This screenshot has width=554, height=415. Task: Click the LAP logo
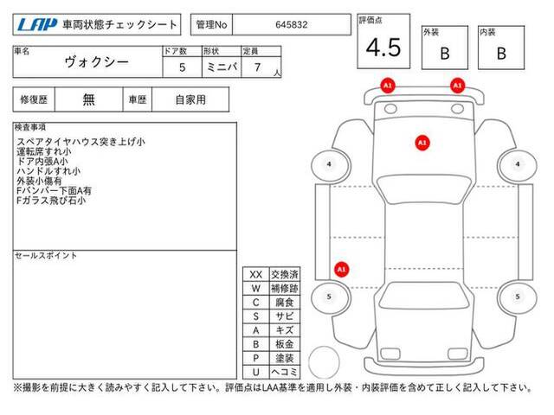point(37,25)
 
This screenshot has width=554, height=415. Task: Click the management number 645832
point(292,25)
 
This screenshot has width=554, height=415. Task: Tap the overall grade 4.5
point(383,48)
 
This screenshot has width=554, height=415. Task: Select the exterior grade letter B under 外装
point(445,54)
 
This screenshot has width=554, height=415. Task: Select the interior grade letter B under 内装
point(501,54)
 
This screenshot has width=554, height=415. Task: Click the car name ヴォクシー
point(96,62)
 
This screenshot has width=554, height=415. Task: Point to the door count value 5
point(183,67)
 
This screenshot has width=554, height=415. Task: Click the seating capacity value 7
point(258,67)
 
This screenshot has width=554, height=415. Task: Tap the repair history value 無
point(88,99)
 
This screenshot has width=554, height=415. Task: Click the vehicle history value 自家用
point(190,100)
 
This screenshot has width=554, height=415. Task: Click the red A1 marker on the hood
point(422,143)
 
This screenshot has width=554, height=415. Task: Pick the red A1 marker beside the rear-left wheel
point(341,270)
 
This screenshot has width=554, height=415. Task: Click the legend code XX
point(256,275)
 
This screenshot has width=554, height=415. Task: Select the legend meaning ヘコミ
point(285,372)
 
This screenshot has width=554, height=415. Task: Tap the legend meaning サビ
point(285,316)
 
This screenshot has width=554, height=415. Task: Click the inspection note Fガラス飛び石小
point(51,201)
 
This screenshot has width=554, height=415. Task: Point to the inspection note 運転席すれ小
point(44,152)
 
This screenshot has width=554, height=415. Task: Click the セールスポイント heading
point(46,256)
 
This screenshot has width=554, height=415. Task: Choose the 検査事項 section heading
point(30,127)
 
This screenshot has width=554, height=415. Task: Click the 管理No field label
point(211,25)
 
